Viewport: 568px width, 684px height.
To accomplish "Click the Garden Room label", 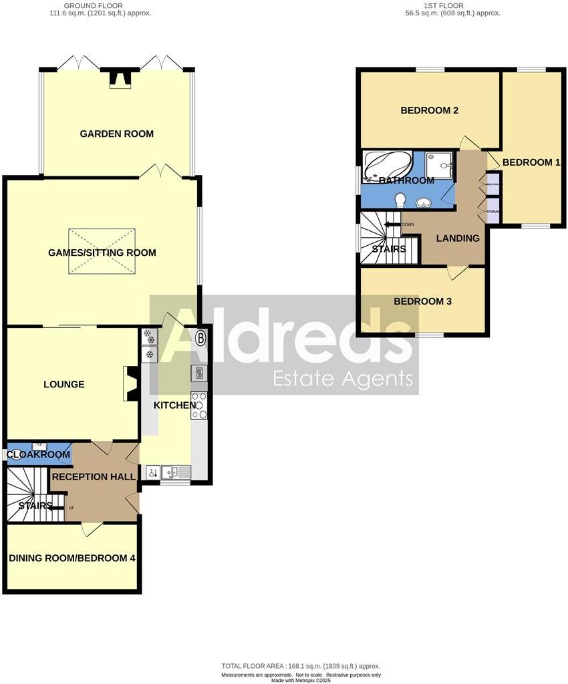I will pos(116,134).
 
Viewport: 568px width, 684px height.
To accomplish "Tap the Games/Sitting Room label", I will pos(102,252).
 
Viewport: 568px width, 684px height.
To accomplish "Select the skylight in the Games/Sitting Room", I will pos(102,250).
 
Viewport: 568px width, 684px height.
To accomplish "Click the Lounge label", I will pos(64,384).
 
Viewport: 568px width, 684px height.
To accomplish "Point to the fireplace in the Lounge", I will pos(130,384).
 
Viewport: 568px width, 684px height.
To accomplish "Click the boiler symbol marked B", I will pos(200,338).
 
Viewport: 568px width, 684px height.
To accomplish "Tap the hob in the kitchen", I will pos(200,405).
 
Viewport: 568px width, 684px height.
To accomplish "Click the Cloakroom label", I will pos(39,455).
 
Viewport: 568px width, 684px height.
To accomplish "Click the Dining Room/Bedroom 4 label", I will pos(72,558).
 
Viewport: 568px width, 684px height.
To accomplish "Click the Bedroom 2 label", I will pos(429,110).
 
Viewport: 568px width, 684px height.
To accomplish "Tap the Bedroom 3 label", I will pos(422,301).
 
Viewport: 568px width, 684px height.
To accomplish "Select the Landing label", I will pos(458,238).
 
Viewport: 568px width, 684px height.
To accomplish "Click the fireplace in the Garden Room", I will pos(121,79).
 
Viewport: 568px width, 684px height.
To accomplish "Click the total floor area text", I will pos(301,666).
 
